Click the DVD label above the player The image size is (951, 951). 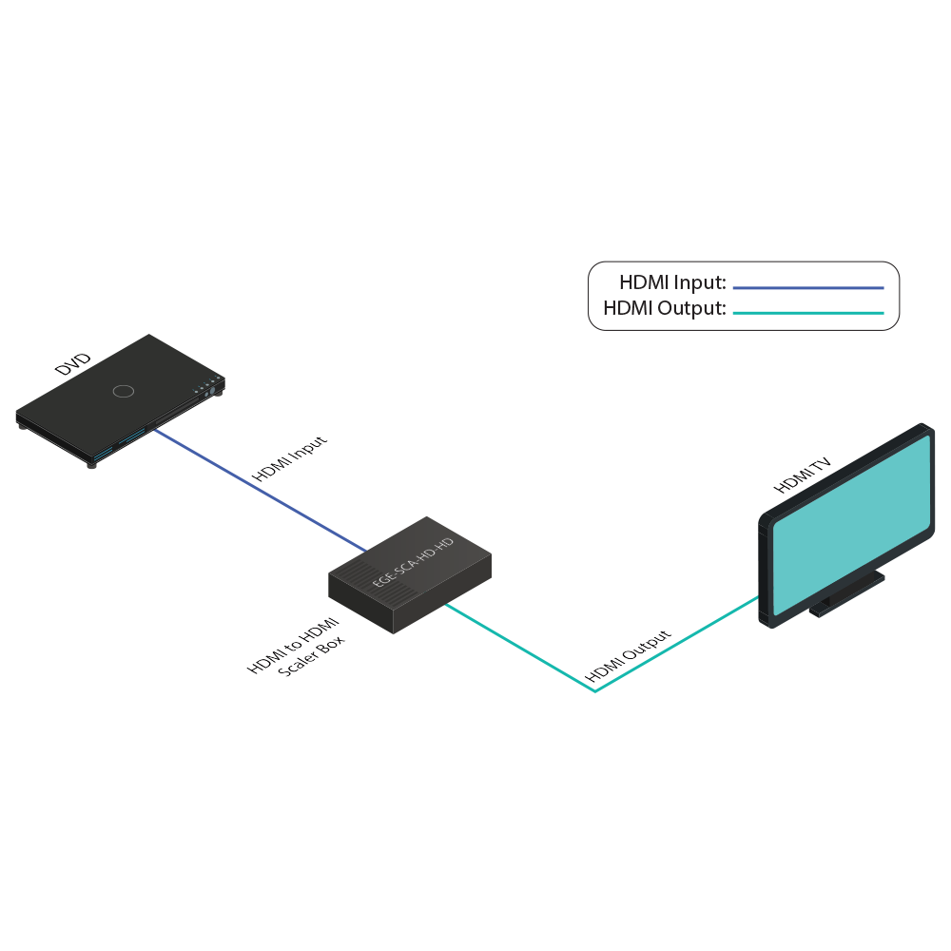point(73,364)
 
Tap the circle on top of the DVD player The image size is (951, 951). point(123,391)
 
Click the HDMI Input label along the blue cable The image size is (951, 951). point(289,459)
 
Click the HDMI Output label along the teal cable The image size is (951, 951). point(629,656)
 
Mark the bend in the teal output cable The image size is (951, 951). point(595,691)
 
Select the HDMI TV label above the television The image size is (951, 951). point(803,475)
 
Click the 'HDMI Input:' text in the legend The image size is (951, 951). point(672,282)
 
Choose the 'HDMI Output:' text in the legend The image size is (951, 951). point(665,309)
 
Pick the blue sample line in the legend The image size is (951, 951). point(808,287)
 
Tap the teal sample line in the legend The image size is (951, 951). point(808,313)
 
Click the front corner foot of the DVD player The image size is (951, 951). point(92,463)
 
